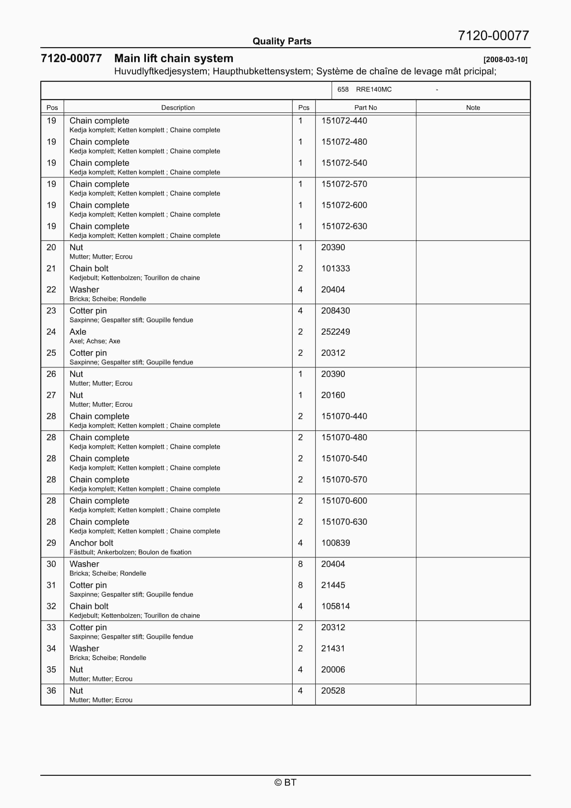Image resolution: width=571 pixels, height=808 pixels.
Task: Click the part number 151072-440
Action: coord(344,121)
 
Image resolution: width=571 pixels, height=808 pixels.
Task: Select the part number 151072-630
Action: coord(344,226)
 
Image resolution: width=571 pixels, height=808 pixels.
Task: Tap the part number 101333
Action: coord(335,268)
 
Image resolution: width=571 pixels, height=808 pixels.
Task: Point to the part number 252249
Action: coord(335,332)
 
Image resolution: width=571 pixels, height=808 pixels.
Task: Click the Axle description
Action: coord(78,332)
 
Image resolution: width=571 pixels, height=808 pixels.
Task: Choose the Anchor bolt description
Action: coord(91,543)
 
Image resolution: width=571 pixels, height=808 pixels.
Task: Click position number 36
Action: coord(51,691)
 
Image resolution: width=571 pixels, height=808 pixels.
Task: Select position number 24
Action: coord(51,332)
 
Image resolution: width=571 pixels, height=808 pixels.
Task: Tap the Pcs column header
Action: coord(303,108)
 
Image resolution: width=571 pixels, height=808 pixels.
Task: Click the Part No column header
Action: coord(365,108)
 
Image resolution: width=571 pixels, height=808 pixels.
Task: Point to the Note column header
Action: coord(473,108)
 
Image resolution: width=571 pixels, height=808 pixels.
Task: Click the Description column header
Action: coord(178,108)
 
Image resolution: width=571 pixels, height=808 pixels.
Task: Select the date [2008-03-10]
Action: coord(505,59)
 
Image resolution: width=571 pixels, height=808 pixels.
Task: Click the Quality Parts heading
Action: coord(282,41)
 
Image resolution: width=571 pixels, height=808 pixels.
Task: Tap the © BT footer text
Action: coord(285,782)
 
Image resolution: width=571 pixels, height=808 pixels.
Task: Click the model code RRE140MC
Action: coord(374,89)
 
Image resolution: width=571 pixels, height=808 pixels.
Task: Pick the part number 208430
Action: coord(335,311)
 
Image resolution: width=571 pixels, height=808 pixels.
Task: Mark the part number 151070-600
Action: coord(344,501)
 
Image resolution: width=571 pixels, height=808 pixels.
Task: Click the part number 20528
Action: coord(333,691)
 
